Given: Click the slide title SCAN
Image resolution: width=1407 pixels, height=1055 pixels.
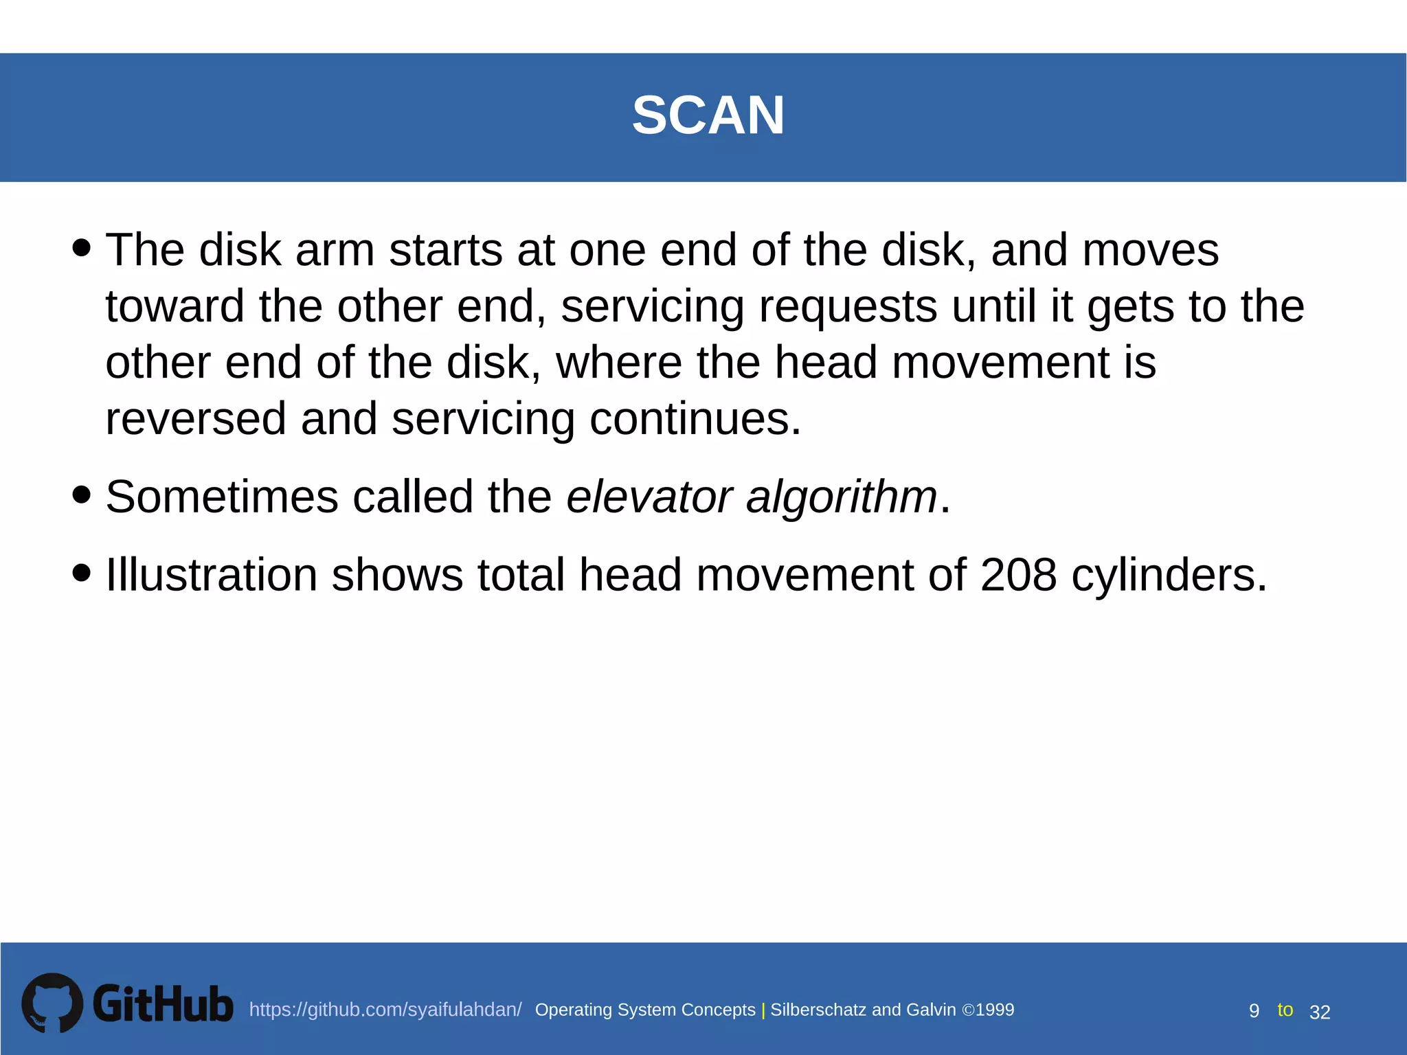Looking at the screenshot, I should [708, 115].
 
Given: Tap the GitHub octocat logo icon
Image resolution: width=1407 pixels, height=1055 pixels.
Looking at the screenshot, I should [52, 1003].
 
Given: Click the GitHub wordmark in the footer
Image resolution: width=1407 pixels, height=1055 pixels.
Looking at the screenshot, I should [163, 1004].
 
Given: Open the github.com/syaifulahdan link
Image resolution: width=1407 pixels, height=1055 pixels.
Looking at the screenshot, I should [385, 1010].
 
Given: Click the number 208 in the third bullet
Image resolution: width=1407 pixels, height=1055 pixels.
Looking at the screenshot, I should [1018, 574].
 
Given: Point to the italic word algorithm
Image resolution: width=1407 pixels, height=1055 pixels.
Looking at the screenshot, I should [842, 497].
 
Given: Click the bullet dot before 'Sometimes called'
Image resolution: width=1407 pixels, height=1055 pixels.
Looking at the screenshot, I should [81, 495].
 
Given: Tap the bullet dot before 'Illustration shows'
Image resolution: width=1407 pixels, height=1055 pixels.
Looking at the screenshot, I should [81, 572].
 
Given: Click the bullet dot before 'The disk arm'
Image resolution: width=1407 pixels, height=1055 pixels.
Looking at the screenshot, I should [81, 247].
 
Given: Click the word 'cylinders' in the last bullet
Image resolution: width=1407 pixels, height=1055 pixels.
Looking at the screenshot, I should [1168, 574].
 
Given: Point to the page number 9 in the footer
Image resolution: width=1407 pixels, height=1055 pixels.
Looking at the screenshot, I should [1254, 1011].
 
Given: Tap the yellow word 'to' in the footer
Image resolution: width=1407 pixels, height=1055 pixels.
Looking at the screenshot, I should [1285, 1010].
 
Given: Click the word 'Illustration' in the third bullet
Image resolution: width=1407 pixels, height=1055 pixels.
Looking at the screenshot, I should [212, 574].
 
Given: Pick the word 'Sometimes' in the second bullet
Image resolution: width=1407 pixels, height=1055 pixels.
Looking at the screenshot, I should [222, 497].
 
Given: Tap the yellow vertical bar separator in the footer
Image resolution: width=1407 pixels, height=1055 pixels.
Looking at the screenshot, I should [763, 1010].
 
